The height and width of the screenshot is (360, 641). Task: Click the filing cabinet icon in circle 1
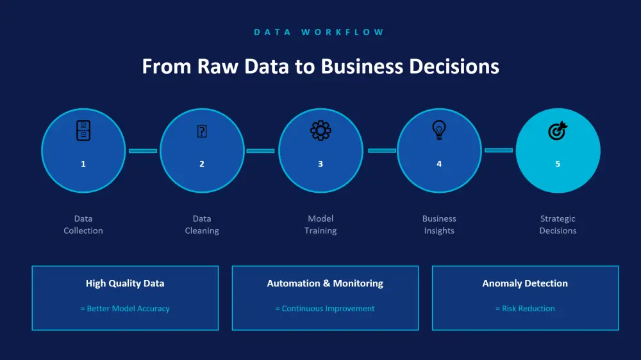coord(83,130)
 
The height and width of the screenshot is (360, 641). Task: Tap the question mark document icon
coord(202,131)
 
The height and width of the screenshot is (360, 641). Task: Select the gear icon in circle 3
coord(320,130)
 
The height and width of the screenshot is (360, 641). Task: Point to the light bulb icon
coord(439,130)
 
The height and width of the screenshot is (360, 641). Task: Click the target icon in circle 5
coord(558,131)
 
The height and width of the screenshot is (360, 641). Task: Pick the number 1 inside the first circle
coord(83,164)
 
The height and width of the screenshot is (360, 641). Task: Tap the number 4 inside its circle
coord(439,164)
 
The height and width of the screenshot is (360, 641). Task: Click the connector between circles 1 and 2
coord(143,151)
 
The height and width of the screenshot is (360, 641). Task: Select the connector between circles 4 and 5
coord(499,151)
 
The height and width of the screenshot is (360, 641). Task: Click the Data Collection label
coord(83,224)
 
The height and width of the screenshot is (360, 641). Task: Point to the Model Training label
coord(320,224)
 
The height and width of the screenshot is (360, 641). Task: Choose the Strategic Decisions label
coord(558,224)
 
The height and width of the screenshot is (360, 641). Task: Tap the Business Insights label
coord(439,224)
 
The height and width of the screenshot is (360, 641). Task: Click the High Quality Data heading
coord(125,283)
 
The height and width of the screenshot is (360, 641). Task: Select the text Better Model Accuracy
coord(128,309)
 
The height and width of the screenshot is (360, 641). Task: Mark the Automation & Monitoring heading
coord(325,283)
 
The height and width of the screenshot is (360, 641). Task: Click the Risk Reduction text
coord(528,309)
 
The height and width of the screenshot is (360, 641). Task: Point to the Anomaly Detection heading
coord(525,283)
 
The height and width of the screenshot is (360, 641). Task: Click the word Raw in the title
coord(218,66)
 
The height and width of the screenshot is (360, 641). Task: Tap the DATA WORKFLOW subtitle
coord(319,32)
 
